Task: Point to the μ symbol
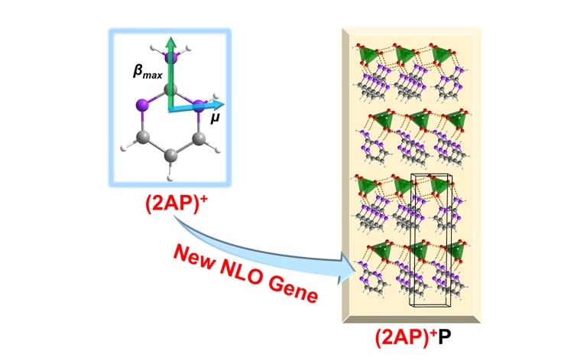[x=215, y=119]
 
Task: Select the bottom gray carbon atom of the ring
[x=172, y=156]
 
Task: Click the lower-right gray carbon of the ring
[x=199, y=138]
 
